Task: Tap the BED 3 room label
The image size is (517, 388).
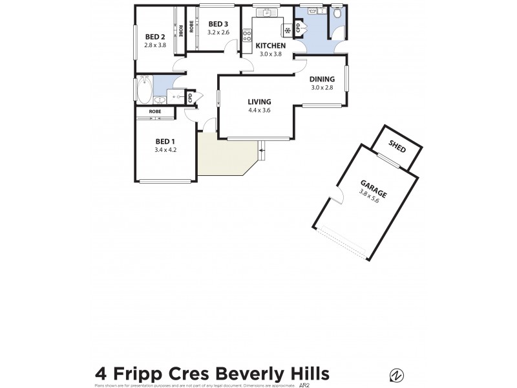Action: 218,24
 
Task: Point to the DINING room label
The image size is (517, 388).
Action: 321,79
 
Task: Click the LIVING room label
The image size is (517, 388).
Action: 259,102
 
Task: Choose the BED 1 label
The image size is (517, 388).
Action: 165,142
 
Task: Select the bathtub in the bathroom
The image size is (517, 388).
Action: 145,89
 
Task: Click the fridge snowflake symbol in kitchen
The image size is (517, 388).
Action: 286,30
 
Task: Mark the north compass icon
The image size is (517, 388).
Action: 397,374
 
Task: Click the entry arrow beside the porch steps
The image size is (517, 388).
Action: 262,151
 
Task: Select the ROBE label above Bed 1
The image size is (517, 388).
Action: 155,112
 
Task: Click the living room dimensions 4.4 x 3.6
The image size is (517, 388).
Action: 259,110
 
